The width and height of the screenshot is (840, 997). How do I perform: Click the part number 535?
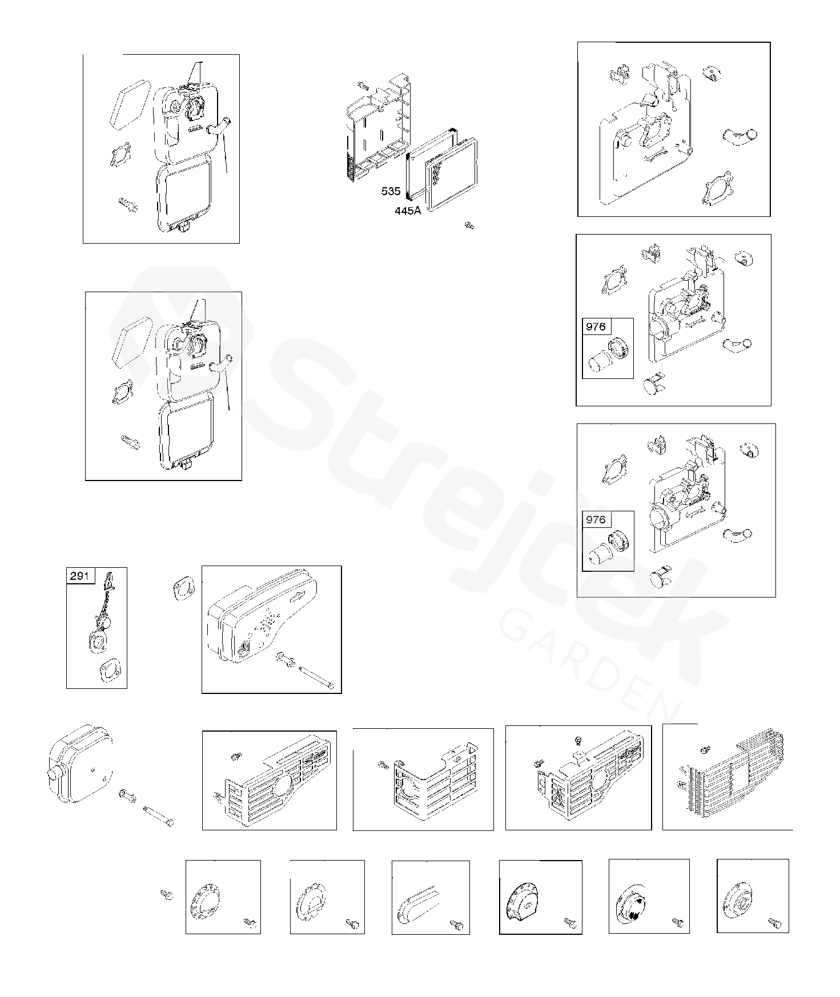click(x=391, y=192)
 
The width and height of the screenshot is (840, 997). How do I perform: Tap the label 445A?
click(x=408, y=211)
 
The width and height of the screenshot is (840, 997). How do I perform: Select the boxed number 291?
click(x=80, y=575)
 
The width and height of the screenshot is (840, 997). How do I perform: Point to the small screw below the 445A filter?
click(x=469, y=225)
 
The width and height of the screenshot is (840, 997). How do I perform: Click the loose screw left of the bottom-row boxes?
click(x=167, y=895)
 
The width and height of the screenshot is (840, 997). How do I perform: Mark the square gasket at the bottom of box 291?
click(x=108, y=671)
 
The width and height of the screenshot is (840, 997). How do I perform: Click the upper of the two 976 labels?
click(x=596, y=327)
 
